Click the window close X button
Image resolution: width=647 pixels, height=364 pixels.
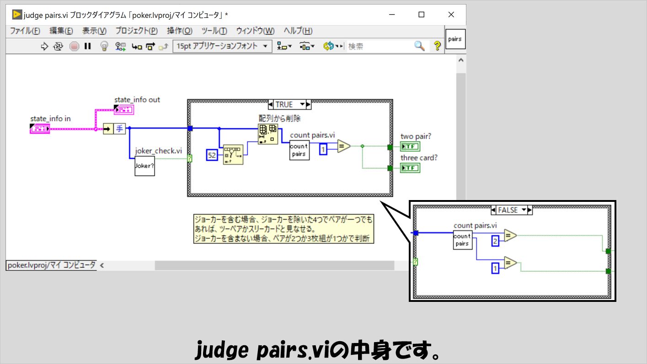click(451, 15)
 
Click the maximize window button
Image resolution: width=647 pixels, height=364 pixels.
click(422, 15)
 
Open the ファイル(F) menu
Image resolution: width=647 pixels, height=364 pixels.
click(25, 31)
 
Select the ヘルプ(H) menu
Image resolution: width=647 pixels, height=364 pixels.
click(298, 31)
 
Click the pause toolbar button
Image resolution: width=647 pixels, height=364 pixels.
click(87, 46)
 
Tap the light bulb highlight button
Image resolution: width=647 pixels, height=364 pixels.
click(104, 46)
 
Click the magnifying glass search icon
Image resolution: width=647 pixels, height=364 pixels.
click(419, 46)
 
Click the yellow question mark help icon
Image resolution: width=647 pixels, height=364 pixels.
click(437, 46)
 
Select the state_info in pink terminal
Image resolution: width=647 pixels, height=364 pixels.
click(40, 129)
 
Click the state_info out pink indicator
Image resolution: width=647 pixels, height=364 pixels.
click(123, 110)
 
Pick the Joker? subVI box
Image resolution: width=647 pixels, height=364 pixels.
click(144, 166)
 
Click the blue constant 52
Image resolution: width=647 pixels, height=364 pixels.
click(212, 155)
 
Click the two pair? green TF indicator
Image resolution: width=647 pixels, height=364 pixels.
click(410, 147)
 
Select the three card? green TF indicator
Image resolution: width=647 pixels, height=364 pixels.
click(410, 168)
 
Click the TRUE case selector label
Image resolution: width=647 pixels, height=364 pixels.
click(284, 105)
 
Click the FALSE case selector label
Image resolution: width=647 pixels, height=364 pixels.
click(508, 210)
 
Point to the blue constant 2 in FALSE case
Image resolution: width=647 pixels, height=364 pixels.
click(495, 241)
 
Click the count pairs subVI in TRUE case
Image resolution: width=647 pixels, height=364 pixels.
click(299, 150)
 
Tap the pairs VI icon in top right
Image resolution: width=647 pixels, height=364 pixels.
click(455, 39)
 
